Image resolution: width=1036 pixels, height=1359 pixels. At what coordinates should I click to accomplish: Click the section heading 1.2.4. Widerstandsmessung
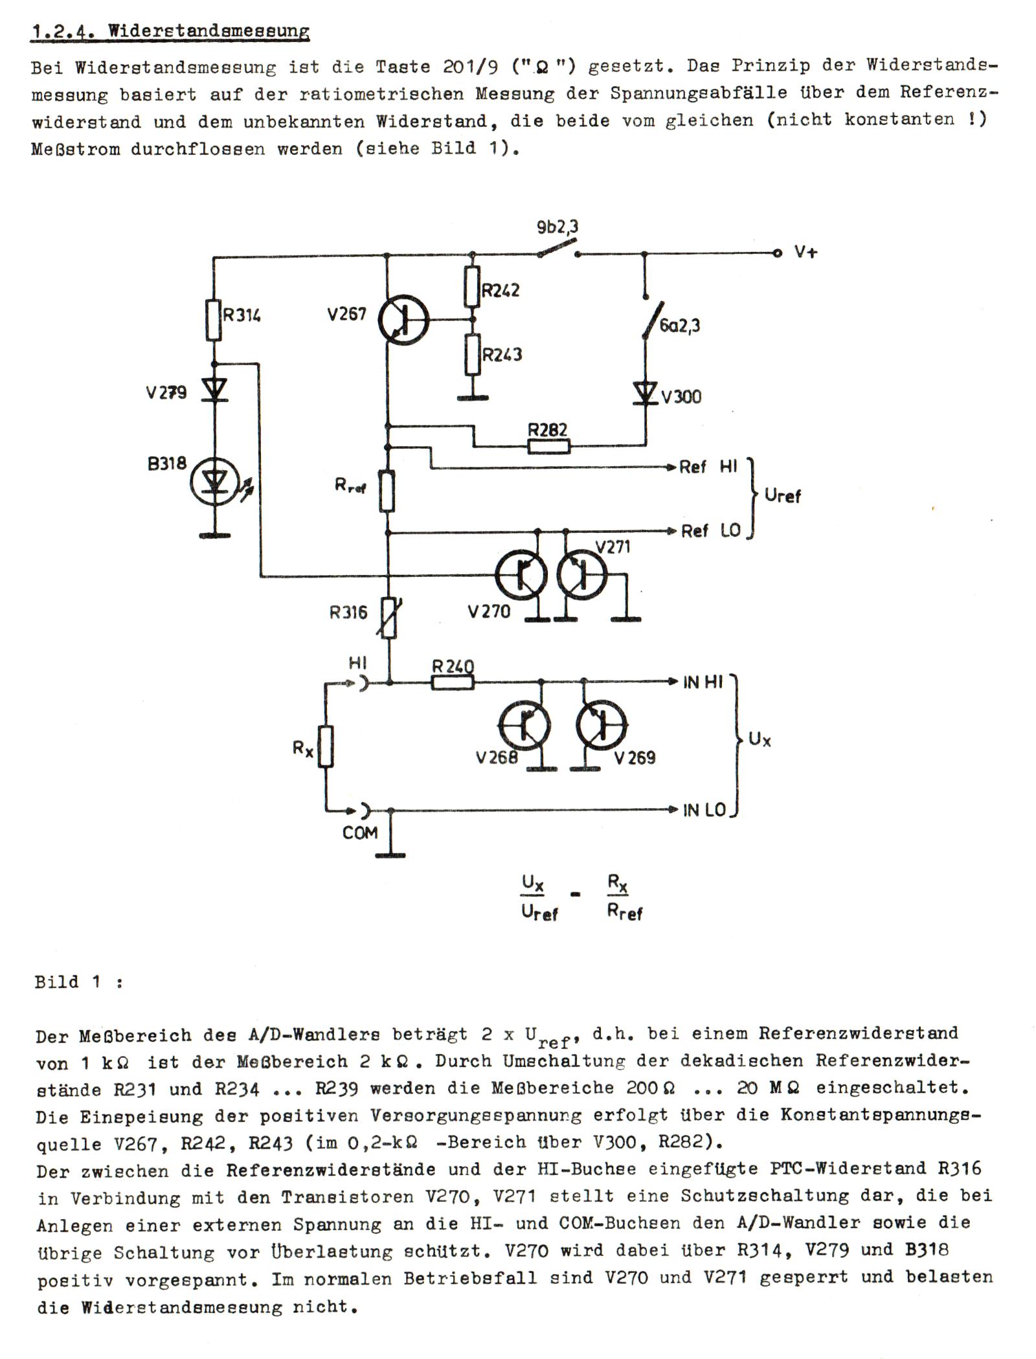click(x=170, y=30)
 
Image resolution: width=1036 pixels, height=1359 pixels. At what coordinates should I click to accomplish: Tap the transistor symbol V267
click(x=403, y=319)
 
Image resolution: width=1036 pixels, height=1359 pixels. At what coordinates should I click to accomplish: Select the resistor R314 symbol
click(x=214, y=320)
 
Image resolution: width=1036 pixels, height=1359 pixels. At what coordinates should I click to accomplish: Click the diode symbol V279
click(x=214, y=390)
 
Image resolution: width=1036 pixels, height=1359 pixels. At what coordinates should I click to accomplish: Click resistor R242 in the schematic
click(x=472, y=286)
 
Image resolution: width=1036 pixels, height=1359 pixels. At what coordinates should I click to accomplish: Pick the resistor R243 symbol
click(x=472, y=354)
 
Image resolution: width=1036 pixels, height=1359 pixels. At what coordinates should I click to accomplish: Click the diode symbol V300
click(x=645, y=394)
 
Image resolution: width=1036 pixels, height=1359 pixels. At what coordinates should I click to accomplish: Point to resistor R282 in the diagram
click(x=549, y=446)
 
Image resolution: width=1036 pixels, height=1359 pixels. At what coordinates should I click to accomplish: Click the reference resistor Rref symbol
click(x=387, y=491)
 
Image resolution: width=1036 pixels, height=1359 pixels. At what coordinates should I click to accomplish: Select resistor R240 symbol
click(x=453, y=682)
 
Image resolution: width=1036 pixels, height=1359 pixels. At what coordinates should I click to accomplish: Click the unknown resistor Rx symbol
click(x=326, y=747)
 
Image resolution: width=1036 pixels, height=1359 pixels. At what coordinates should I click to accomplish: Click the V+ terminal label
click(x=805, y=252)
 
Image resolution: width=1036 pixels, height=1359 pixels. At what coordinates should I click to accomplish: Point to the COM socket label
click(x=360, y=833)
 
